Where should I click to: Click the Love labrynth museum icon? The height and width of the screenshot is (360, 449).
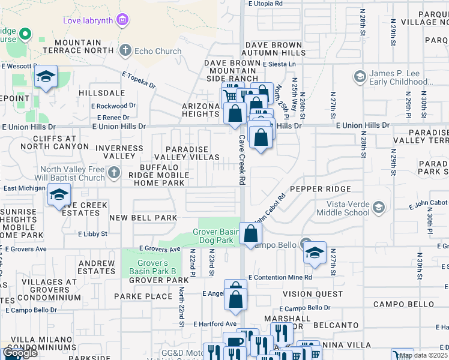tap(122, 20)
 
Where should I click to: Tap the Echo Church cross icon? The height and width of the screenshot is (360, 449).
tap(125, 51)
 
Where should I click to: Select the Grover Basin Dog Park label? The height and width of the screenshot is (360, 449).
tap(215, 236)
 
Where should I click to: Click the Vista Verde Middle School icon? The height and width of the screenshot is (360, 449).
tap(378, 208)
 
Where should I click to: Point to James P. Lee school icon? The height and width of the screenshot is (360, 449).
tap(360, 77)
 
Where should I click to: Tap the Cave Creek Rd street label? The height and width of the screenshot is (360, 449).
tap(243, 160)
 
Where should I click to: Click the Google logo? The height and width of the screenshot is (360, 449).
tap(20, 353)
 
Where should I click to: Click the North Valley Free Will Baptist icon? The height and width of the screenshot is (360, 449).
tap(115, 174)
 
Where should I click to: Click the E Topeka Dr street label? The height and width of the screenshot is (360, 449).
tap(139, 80)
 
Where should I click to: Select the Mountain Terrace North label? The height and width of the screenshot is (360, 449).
tap(84, 48)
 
